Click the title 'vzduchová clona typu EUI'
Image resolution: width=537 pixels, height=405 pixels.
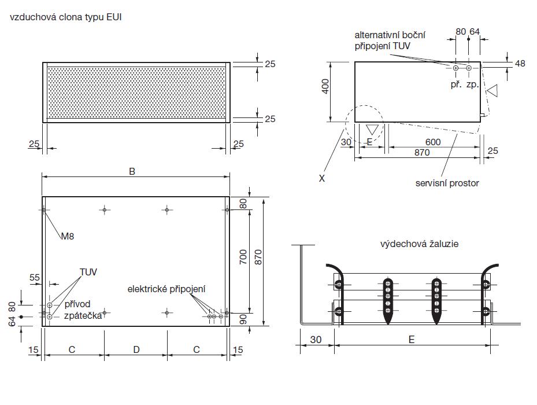point(65,17)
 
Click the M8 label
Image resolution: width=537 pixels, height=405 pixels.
point(68,236)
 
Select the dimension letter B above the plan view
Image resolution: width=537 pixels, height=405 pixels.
point(132,171)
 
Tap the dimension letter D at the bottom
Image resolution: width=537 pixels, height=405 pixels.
point(136,349)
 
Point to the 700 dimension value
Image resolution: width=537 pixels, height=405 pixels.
point(243,257)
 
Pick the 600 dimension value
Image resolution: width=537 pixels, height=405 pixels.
point(432,142)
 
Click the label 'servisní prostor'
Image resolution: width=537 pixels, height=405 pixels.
point(447,183)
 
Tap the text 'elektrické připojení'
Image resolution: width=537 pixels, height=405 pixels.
point(168,289)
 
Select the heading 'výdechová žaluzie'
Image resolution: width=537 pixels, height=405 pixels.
point(419,244)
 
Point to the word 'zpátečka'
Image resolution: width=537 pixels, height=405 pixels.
point(83,315)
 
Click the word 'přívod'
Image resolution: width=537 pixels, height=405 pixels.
point(77,303)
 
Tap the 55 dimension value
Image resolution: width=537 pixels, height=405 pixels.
point(35,278)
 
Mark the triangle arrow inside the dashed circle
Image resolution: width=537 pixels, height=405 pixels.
point(373,130)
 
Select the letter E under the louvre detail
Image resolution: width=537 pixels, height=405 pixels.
point(411,340)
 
